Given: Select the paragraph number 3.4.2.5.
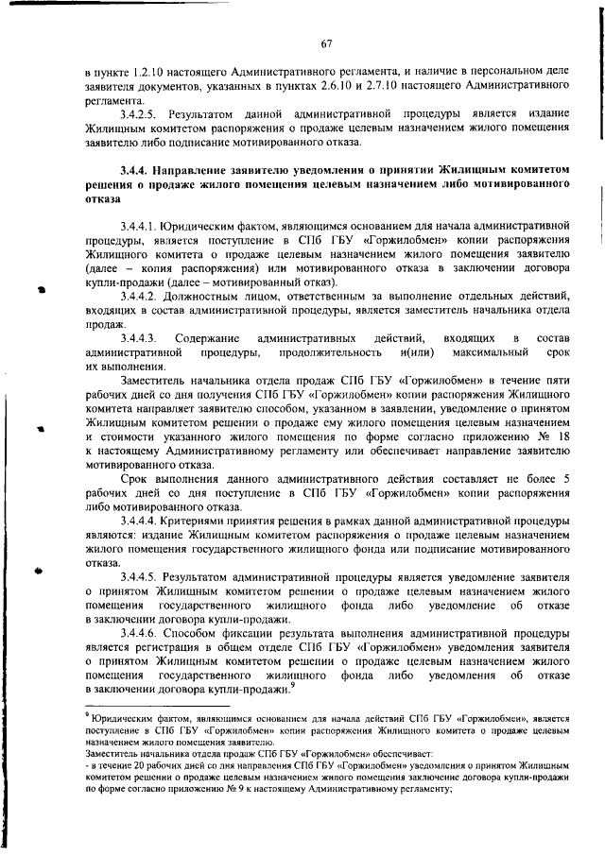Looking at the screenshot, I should tap(138, 112).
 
